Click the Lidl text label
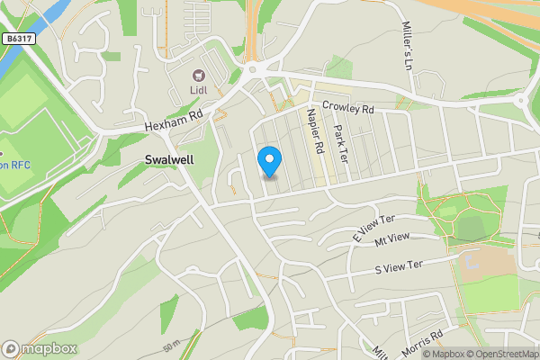(x=199, y=90)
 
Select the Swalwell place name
(x=169, y=158)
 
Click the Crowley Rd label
(x=347, y=108)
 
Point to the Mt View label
(x=392, y=238)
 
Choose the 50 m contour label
(x=172, y=345)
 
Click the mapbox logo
(x=40, y=348)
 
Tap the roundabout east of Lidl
(x=255, y=67)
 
